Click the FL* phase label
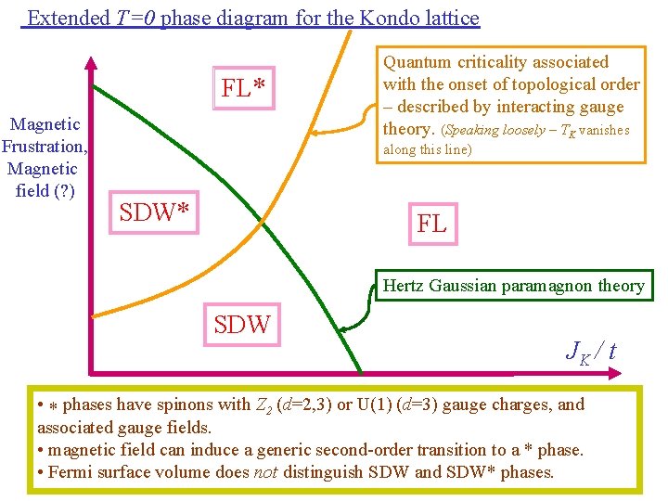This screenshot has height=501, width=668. (245, 89)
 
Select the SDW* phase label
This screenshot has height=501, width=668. (155, 212)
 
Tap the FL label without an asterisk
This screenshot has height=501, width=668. (432, 223)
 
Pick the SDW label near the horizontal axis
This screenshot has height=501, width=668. (242, 324)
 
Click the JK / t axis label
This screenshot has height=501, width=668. (590, 351)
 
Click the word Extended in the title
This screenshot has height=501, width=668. (65, 18)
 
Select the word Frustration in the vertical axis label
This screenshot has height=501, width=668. (45, 147)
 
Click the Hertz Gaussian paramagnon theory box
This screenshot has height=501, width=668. (514, 286)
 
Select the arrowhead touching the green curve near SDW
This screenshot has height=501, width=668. (342, 328)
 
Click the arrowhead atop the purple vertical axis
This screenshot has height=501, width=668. (90, 63)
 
